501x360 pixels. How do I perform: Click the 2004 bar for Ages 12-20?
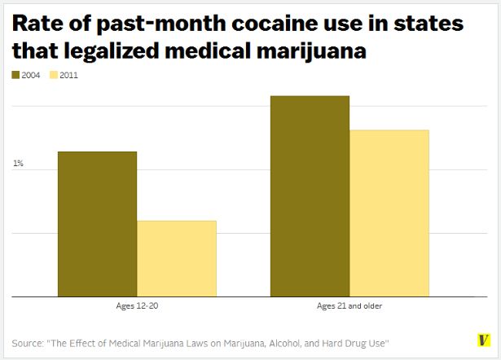click(x=97, y=224)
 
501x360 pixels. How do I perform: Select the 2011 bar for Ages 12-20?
click(x=177, y=258)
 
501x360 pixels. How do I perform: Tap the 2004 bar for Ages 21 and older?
click(x=310, y=196)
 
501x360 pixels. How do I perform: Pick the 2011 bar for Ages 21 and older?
click(x=389, y=213)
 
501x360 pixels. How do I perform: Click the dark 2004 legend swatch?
click(x=16, y=76)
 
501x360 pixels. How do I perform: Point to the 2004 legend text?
click(x=32, y=76)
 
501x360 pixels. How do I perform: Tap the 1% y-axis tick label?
click(x=18, y=164)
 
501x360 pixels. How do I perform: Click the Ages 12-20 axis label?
click(x=137, y=306)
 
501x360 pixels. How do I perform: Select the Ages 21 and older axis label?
click(x=349, y=306)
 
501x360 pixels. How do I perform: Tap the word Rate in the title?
click(x=37, y=24)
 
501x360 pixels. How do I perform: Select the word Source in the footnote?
click(x=29, y=340)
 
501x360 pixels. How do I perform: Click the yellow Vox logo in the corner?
click(x=483, y=340)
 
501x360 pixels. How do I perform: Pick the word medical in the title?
click(x=209, y=51)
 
